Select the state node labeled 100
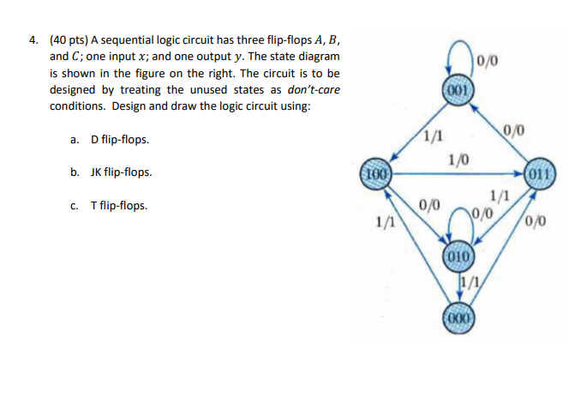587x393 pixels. point(374,172)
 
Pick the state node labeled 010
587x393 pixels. point(458,255)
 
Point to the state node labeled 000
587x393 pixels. point(458,315)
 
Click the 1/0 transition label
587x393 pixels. point(458,159)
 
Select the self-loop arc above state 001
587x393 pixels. point(458,60)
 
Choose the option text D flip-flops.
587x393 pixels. point(119,139)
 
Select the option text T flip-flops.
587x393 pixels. point(118,206)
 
